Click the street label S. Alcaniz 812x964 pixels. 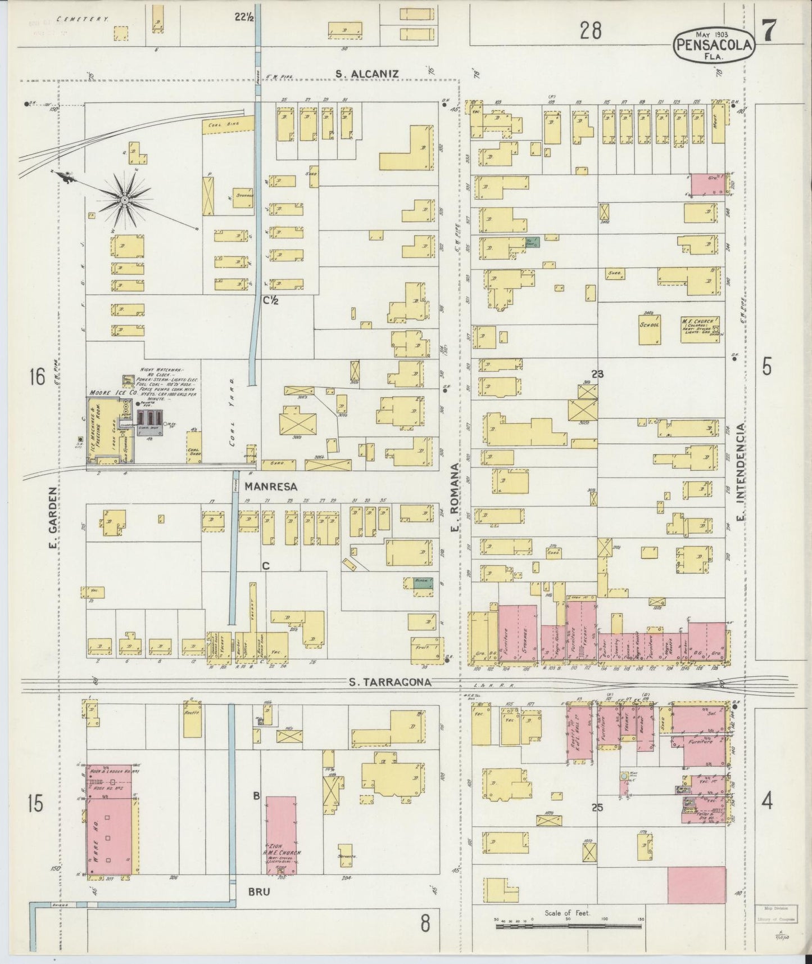(367, 74)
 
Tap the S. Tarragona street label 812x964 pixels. (390, 682)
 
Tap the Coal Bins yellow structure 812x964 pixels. (227, 123)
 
